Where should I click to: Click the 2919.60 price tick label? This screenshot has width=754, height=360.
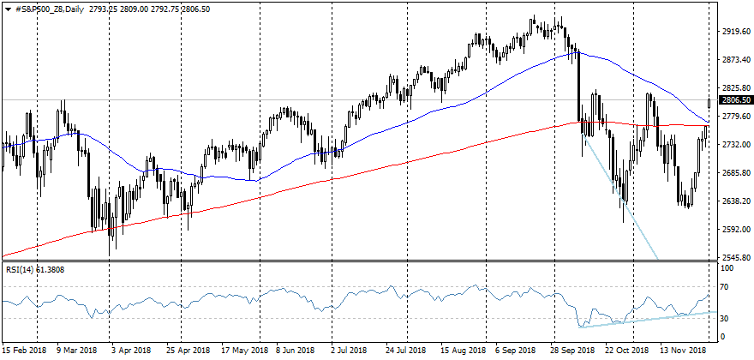[734, 32]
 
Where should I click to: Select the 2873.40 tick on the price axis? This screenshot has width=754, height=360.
[734, 60]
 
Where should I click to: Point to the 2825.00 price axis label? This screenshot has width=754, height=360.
[734, 88]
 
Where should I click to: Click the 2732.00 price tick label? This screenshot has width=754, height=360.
[734, 145]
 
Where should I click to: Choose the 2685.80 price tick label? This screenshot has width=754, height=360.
[734, 173]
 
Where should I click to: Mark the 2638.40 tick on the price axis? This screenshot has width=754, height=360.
[734, 201]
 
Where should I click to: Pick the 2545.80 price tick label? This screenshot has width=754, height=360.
[734, 257]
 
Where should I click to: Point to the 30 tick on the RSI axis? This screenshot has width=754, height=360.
[725, 319]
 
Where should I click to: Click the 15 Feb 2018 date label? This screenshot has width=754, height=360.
[25, 351]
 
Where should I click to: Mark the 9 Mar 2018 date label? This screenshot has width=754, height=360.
[77, 351]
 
